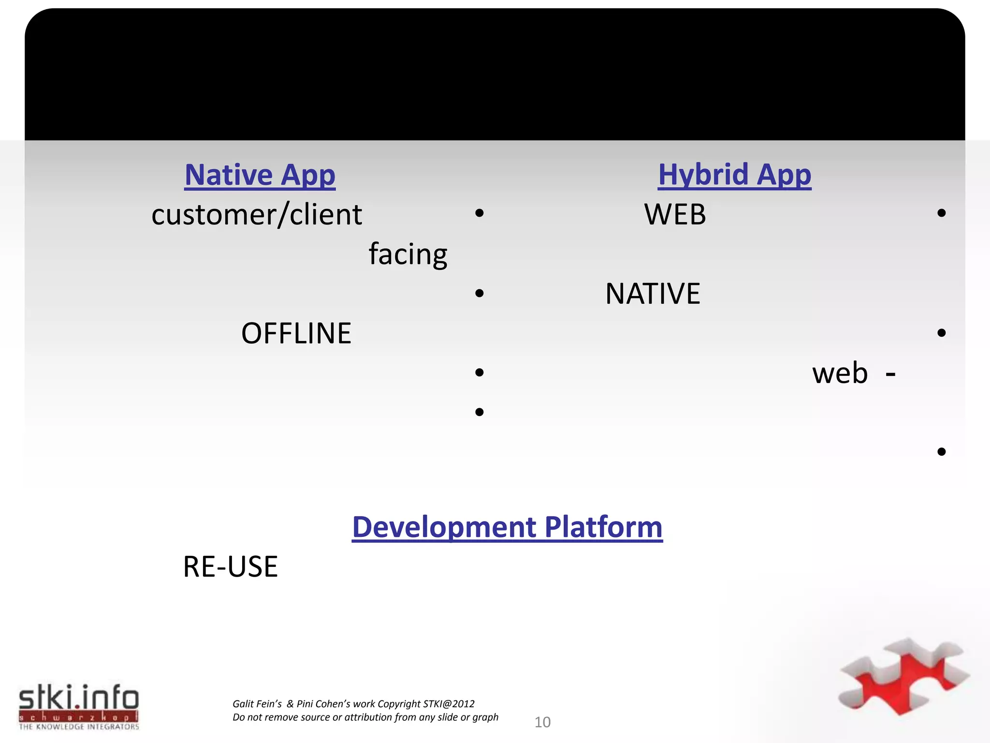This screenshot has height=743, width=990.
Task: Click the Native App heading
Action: click(260, 175)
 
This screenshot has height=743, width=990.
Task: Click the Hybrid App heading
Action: click(734, 175)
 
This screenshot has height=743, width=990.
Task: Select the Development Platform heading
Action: click(507, 527)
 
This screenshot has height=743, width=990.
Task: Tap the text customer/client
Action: click(257, 215)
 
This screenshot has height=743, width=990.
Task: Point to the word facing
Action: click(408, 254)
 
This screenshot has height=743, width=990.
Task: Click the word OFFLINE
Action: click(296, 333)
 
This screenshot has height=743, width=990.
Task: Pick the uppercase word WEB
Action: click(675, 214)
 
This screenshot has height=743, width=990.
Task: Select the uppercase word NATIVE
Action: click(653, 294)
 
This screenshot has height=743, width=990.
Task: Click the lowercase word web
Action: click(840, 373)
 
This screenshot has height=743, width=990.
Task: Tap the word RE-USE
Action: click(231, 567)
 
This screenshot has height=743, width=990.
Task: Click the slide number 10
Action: click(542, 722)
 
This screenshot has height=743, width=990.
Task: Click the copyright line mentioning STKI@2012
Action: click(353, 704)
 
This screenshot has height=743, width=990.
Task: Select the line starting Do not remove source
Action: click(365, 717)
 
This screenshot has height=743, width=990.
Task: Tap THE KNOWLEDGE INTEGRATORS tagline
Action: click(79, 727)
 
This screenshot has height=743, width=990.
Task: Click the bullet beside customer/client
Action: click(479, 213)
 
